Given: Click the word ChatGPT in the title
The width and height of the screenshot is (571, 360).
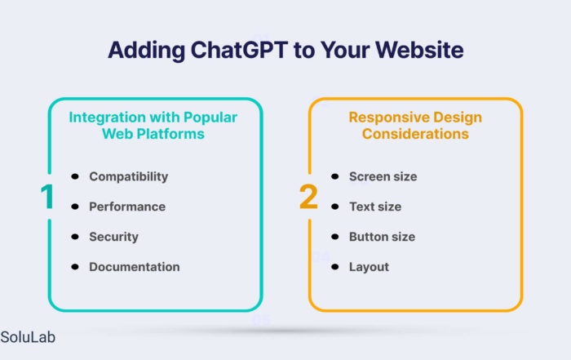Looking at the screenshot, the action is coord(239,50).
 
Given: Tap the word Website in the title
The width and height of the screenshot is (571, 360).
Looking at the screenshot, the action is coord(419,50).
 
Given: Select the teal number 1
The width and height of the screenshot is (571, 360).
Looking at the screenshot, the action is coord(47,197).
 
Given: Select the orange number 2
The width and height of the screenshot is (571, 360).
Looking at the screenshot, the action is coord(308,197).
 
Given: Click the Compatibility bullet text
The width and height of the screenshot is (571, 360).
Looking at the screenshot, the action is coord(129,176).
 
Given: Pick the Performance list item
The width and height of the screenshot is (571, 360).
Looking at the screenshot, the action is coord(127,207).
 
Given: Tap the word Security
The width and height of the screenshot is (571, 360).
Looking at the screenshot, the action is coord(113,237).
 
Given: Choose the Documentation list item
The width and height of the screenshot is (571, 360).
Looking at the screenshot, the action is coord(135,267).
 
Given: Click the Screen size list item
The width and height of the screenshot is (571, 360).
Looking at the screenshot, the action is coord(383,176).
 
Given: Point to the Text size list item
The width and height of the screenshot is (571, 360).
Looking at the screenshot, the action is coord(375,207).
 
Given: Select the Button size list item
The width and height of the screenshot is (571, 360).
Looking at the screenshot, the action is coord(382,237).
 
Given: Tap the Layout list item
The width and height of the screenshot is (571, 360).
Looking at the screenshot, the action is coord(369,267).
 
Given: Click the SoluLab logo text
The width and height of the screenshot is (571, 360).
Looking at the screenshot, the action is coord(28,337).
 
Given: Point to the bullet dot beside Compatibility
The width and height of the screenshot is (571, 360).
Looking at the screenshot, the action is coord(75,176).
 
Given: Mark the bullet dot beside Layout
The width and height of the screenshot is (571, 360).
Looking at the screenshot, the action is coord(335,267).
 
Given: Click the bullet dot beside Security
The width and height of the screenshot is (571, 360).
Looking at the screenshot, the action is coord(75,237).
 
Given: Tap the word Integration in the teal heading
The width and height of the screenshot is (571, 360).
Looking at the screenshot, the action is coord(108,118).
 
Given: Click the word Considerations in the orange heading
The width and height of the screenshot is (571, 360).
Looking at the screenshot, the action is coord(415,134).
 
